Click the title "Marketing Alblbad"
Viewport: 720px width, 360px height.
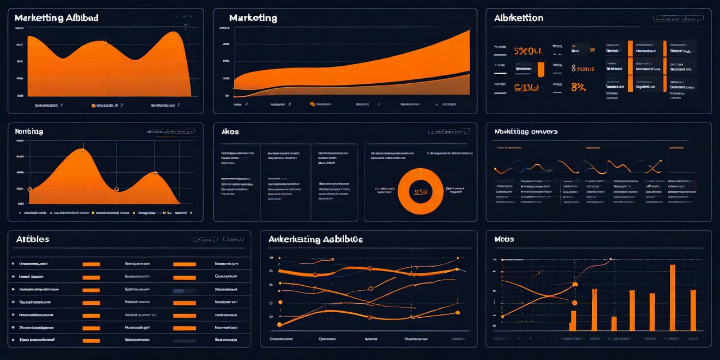(x=56, y=18)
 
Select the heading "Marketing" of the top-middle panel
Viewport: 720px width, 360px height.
(x=253, y=18)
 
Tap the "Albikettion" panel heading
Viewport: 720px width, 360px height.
(x=519, y=18)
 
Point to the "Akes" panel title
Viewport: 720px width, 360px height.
(x=230, y=132)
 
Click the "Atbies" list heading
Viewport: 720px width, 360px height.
(x=33, y=239)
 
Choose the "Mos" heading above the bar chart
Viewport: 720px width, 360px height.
(x=504, y=239)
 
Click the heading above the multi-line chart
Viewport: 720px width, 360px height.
(x=316, y=239)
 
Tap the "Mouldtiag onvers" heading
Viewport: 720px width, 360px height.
(x=526, y=132)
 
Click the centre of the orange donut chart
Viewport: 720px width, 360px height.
(x=420, y=191)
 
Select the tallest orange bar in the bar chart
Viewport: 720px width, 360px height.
(x=672, y=297)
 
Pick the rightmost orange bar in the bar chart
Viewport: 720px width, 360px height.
(x=693, y=310)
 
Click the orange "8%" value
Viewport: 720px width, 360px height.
(x=579, y=87)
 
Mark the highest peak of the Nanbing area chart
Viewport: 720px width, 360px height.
(x=83, y=150)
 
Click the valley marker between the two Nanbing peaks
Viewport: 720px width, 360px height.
(x=116, y=189)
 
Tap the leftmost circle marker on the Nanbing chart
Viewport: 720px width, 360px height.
(x=30, y=189)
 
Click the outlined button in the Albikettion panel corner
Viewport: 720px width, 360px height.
(x=678, y=19)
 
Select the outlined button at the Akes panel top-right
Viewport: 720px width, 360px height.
(x=448, y=132)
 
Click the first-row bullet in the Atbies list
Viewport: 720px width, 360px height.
(x=12, y=263)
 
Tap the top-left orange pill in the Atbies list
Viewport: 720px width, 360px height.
(x=91, y=264)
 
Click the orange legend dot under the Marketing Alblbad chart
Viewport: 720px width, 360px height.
(x=93, y=105)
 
